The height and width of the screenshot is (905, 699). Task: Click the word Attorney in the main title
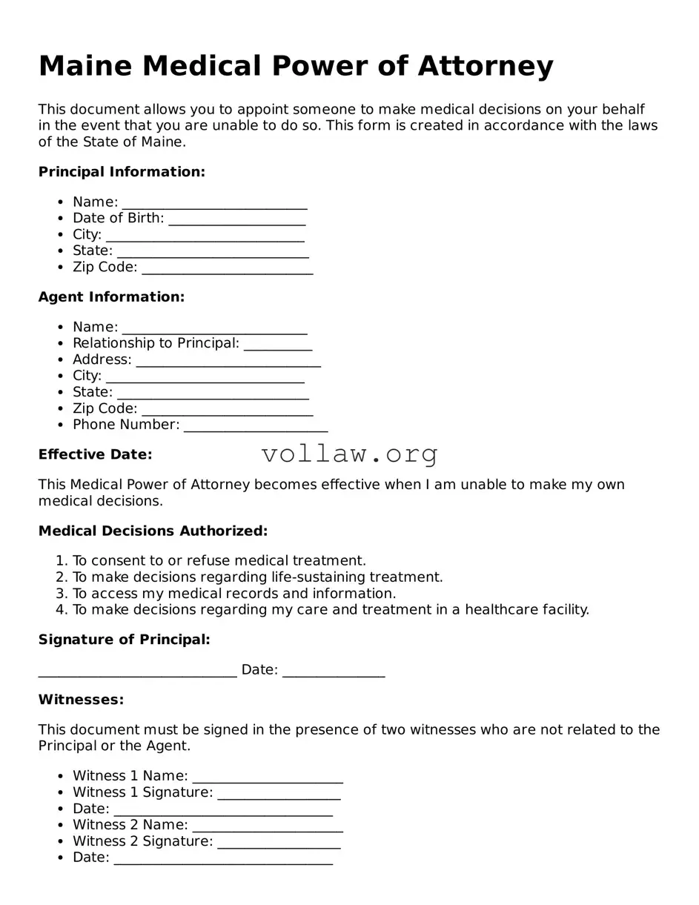(485, 66)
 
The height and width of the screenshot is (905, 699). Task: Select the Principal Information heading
(122, 172)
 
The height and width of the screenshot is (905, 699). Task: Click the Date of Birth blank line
(236, 220)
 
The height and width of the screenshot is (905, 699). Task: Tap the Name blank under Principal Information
(214, 204)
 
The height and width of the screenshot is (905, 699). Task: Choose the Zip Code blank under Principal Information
(227, 269)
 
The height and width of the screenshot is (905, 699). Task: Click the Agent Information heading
(111, 297)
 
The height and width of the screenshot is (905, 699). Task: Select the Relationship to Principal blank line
(277, 345)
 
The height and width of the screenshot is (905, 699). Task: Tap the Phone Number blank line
(255, 427)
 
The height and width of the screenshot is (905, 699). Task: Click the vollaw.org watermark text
(349, 454)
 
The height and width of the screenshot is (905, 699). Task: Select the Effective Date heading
(95, 454)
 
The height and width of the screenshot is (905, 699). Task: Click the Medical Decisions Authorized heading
(153, 531)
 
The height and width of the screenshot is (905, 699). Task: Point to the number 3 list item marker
(62, 594)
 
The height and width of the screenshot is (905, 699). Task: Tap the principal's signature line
(137, 672)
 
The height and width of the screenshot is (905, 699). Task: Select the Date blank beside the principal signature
(334, 672)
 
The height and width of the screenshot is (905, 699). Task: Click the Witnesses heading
(81, 700)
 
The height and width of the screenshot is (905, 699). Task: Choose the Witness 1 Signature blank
(279, 795)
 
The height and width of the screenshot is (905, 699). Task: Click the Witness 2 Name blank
(267, 827)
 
